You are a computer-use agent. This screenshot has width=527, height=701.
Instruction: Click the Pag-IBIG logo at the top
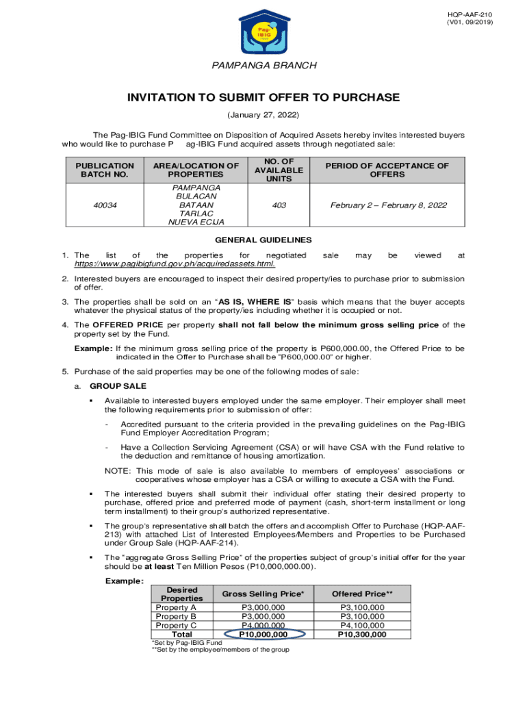coord(263,31)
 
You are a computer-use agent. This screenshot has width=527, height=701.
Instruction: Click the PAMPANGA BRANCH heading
coord(263,66)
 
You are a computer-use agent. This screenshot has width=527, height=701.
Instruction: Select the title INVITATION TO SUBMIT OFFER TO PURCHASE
coord(263,98)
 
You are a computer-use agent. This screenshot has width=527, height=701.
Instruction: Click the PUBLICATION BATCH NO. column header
coord(105,170)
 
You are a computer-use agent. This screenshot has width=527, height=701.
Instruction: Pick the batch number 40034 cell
coord(105,204)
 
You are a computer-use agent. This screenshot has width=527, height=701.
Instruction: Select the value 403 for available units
coord(279,204)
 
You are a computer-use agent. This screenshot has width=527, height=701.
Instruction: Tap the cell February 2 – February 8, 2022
coord(387,204)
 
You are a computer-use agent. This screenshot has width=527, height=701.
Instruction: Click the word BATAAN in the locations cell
coord(196,204)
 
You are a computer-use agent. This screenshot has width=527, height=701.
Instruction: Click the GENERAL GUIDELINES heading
coord(263,240)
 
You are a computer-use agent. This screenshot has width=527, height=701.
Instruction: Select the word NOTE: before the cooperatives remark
coord(118,470)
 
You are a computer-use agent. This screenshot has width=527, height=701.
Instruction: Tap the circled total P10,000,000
coord(263,635)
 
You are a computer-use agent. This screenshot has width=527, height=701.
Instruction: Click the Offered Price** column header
coord(362,594)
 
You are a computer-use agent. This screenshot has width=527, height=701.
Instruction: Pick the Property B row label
coord(176,616)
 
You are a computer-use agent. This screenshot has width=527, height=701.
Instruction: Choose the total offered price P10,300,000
coord(362,635)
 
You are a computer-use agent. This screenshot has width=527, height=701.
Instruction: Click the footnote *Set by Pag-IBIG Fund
coord(186,643)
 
